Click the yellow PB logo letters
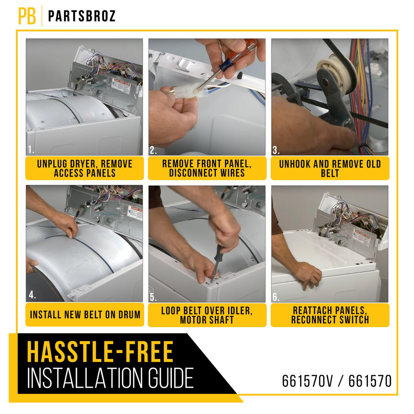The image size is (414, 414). click(27, 16)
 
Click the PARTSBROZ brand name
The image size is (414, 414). click(82, 16)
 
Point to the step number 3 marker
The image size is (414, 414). click(276, 150)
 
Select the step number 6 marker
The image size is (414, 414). click(276, 297)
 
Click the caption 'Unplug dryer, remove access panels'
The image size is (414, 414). click(84, 169)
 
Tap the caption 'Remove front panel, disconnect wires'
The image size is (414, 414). click(207, 168)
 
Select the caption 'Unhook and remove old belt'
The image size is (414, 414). click(330, 169)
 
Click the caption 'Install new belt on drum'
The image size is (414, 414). click(85, 315)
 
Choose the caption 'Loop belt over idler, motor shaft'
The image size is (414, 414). click(207, 315)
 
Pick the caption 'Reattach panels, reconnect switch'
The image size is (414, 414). click(330, 315)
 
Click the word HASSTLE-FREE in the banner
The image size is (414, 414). click(100, 352)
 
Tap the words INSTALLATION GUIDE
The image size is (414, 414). click(110, 378)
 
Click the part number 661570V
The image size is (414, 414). click(307, 381)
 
